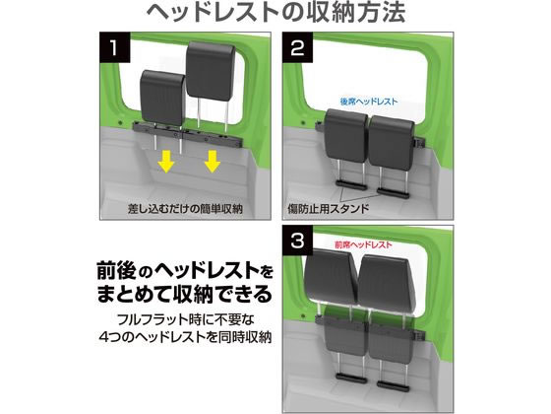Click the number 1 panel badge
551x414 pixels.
[x=115, y=47]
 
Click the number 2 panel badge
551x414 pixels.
[x=297, y=47]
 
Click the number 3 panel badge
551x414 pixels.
[x=297, y=241]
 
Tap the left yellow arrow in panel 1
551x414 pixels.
[x=166, y=162]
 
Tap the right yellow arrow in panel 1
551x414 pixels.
[x=213, y=162]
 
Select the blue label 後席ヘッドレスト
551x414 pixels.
[x=369, y=102]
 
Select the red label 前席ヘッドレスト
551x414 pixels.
[x=363, y=244]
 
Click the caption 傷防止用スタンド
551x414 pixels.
[x=329, y=209]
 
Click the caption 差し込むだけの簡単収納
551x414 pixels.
[x=185, y=209]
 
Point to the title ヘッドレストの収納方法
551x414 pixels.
[x=275, y=14]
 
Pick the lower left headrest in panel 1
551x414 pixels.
[x=162, y=98]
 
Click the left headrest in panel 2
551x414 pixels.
[x=346, y=135]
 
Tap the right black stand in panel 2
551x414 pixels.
[x=393, y=192]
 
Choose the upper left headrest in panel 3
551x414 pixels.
[x=330, y=276]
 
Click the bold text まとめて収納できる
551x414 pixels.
[x=185, y=294]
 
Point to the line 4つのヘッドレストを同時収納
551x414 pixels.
[x=186, y=337]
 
